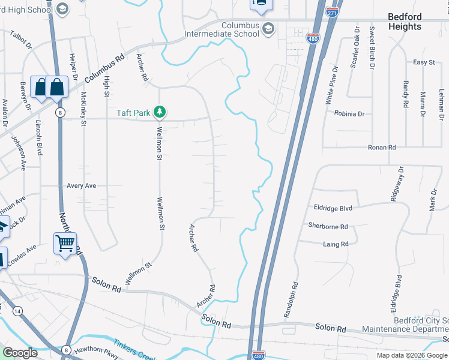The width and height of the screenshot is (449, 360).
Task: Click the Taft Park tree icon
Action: tap(160, 112)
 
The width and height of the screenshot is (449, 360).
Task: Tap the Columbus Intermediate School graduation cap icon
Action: tap(268, 29)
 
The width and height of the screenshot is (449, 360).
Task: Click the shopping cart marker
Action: tap(65, 244)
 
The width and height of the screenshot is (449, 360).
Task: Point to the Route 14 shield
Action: tap(18, 310)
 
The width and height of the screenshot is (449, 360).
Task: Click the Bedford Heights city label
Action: tap(413, 22)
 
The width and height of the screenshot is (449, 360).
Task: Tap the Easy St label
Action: tap(424, 62)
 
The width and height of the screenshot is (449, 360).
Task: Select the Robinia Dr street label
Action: tap(349, 113)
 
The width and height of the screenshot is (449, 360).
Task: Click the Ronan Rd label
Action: tap(382, 147)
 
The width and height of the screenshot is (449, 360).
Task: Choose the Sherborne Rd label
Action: tap(328, 226)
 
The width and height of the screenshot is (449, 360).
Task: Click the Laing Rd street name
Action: tap(336, 244)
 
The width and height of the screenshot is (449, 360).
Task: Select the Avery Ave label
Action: tap(82, 186)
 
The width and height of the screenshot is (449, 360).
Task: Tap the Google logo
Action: tap(20, 353)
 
